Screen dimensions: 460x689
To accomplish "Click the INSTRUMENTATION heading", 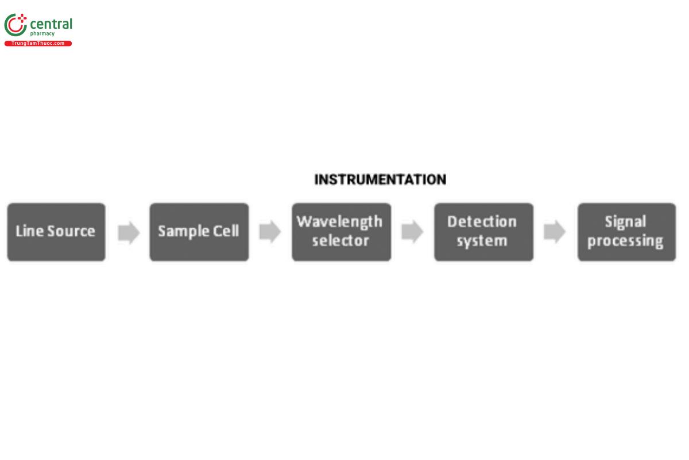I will point(380,179).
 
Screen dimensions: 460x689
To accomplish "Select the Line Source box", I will point(56,232).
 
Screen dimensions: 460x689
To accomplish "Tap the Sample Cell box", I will point(199,232).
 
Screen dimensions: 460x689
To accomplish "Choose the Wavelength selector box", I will point(341,232).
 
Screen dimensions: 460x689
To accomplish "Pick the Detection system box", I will point(483,232).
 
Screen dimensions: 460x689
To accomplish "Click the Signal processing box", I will point(626,232).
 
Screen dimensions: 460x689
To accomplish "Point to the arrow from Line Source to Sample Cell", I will point(129,232).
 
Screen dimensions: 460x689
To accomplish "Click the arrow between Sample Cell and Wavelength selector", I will point(270,232).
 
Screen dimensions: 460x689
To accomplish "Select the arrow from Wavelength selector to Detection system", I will point(412,232).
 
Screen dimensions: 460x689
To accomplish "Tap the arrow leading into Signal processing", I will point(555,232).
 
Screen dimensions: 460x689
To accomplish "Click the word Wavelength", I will point(339,221).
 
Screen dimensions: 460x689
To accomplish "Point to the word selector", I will point(340,241).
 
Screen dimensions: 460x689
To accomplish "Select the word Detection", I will point(482,221).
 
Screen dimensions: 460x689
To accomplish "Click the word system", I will point(482,241).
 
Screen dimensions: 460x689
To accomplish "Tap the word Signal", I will point(625,221).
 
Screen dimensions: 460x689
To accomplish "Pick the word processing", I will point(625,241).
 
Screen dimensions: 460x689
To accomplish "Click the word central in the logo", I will point(51,24).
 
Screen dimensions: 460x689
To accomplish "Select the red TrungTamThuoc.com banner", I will point(38,44).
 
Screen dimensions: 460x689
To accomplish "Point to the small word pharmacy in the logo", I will point(42,34).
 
